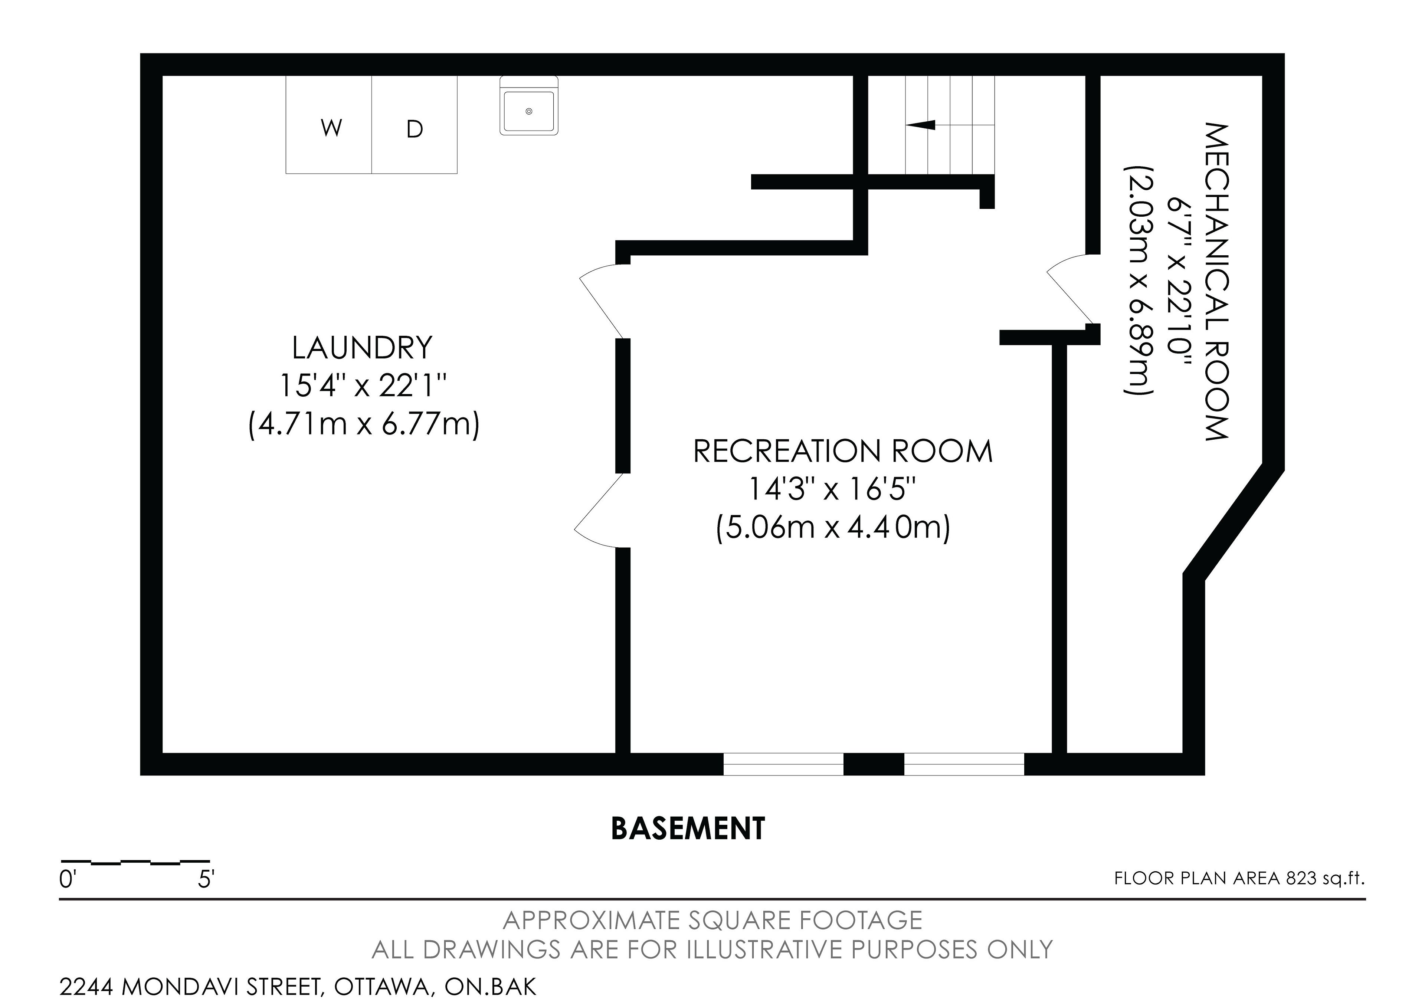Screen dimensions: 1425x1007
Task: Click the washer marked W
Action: click(329, 125)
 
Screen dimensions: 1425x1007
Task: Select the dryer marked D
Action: click(415, 125)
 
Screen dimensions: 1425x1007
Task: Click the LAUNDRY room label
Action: click(363, 348)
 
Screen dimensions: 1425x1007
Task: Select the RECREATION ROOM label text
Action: click(843, 451)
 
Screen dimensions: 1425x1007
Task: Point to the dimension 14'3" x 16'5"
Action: click(832, 489)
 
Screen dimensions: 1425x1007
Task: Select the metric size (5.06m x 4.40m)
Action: click(833, 529)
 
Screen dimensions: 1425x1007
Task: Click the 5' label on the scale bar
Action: click(206, 879)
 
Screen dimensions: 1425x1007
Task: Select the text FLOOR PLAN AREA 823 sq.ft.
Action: click(1239, 879)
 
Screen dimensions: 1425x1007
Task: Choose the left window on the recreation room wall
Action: click(783, 764)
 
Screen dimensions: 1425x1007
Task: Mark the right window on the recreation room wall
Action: click(964, 764)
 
